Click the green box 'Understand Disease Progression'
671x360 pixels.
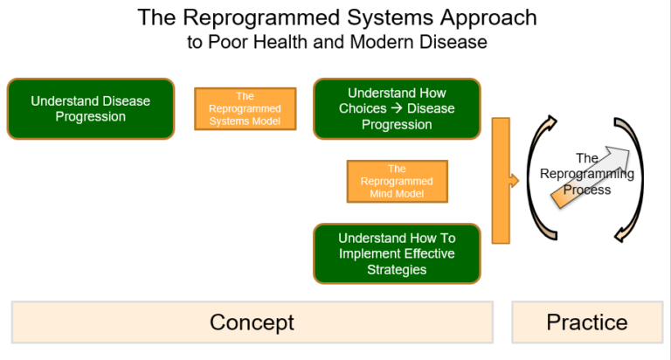coord(91,108)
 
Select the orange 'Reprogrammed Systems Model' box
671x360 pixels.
coord(245,109)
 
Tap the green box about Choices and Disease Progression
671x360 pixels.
coord(397,108)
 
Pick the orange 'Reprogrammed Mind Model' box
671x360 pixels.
coord(397,182)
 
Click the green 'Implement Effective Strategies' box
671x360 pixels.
coord(397,253)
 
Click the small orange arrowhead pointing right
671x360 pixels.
coord(515,181)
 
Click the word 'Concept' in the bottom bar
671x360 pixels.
coord(252,322)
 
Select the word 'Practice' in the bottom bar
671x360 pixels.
coord(587,322)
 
